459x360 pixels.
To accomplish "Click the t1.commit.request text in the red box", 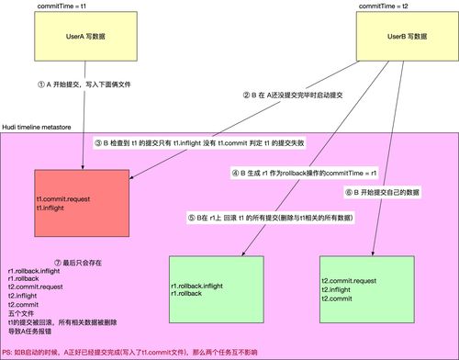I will coord(62,199).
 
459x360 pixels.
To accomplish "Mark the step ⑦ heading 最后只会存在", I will coord(53,263).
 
